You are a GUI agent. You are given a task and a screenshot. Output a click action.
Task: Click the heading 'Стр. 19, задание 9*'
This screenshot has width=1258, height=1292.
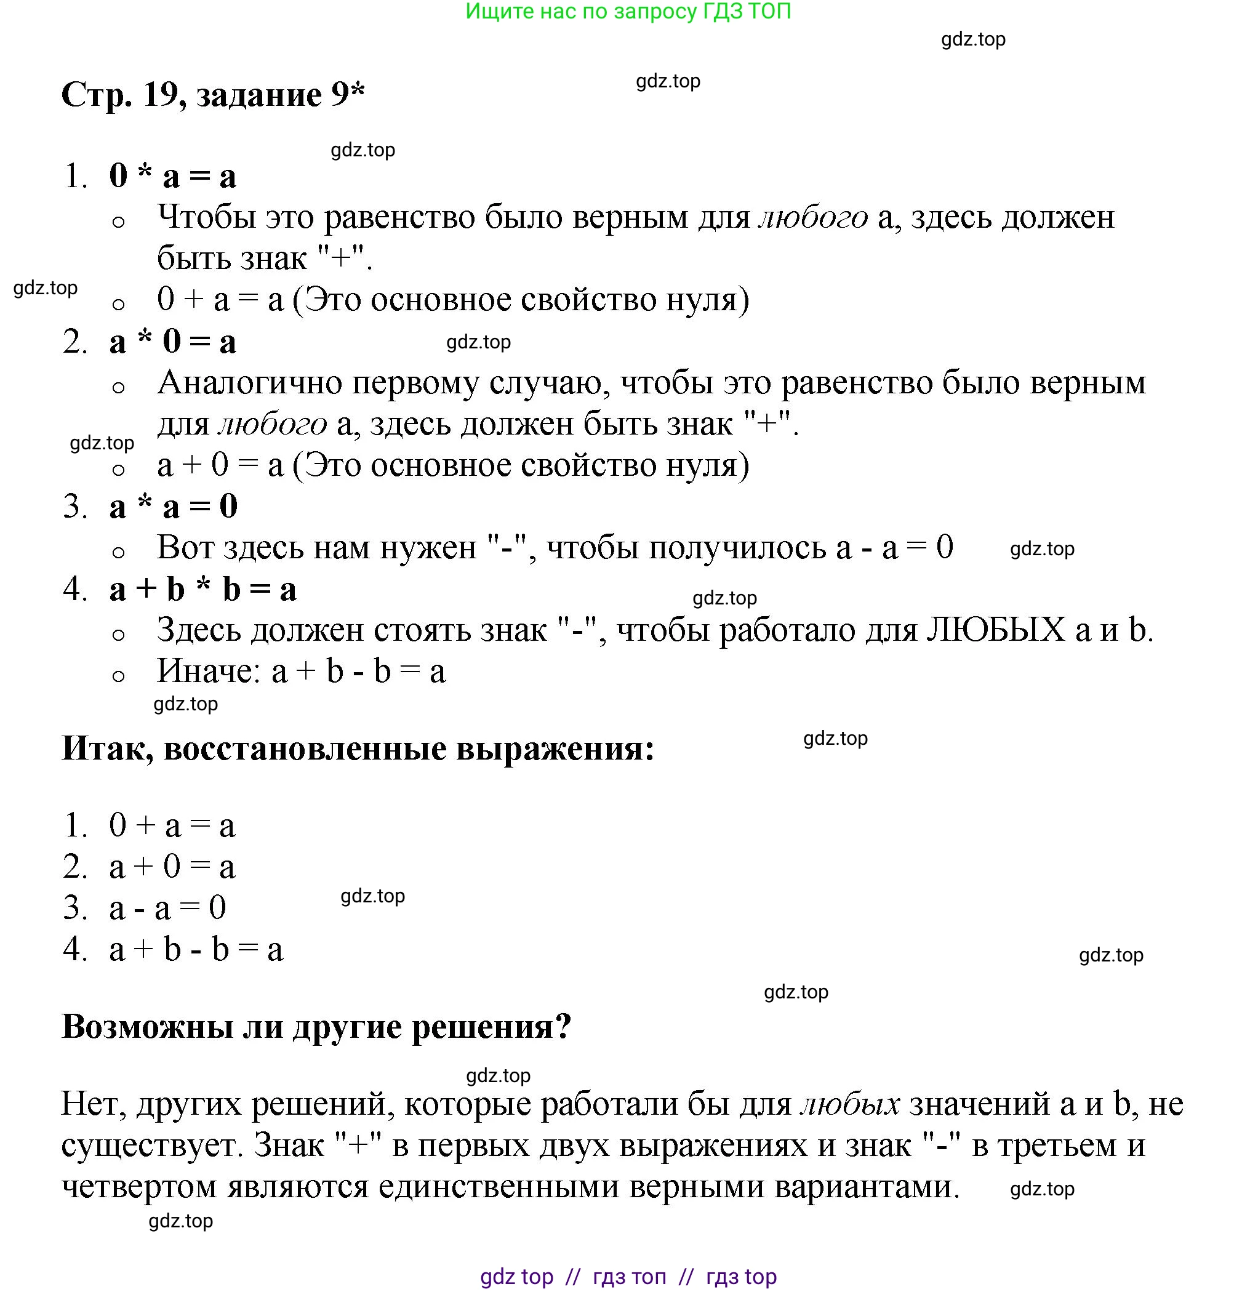pos(213,95)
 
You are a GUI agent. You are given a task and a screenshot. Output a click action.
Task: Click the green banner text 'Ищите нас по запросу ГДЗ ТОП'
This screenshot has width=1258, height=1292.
pos(628,11)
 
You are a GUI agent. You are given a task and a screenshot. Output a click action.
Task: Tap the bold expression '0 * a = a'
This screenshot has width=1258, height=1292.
pos(173,177)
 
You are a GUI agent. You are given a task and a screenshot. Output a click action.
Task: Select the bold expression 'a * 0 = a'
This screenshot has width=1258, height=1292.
pos(173,342)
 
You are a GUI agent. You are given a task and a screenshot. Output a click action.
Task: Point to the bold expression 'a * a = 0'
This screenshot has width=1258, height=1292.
pos(173,507)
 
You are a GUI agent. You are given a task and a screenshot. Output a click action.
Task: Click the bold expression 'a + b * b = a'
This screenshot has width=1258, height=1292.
pos(203,590)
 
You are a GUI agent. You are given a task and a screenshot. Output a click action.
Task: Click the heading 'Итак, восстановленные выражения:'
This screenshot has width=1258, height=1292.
pos(358,748)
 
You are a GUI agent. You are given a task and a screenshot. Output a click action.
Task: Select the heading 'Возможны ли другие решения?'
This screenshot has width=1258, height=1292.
pos(316,1026)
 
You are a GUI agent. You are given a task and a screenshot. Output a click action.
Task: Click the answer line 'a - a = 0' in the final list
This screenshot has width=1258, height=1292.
pos(168,908)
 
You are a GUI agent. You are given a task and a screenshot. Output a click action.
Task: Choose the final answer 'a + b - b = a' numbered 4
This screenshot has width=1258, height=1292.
pos(196,950)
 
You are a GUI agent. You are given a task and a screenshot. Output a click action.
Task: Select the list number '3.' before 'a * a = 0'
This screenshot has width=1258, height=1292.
pos(75,507)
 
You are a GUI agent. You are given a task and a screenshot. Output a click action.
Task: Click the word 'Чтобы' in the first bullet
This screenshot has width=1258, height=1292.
pos(206,217)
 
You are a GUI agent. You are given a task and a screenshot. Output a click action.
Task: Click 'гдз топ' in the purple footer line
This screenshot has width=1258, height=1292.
pos(629,1276)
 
